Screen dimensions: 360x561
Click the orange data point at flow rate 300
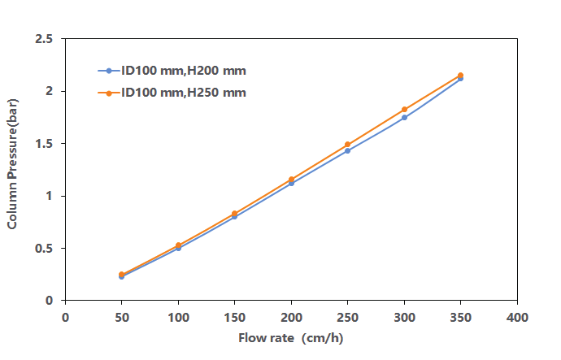[404, 109]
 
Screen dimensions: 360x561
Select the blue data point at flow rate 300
[404, 118]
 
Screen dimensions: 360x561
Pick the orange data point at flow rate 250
[347, 145]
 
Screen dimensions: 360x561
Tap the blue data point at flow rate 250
[347, 151]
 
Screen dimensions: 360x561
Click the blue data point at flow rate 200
[291, 184]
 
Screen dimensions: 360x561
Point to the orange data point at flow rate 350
[460, 76]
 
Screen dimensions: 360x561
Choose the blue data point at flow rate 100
[178, 248]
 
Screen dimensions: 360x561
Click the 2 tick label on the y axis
[49, 91]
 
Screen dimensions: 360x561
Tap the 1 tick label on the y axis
[49, 196]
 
